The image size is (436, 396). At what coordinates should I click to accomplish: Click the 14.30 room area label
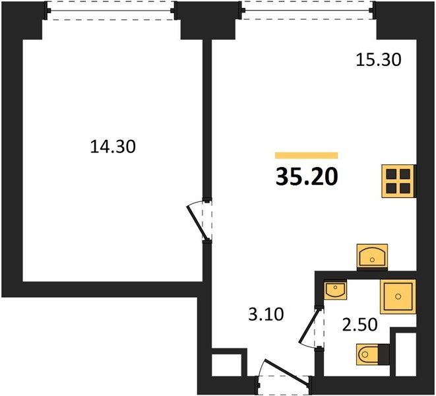tap(113, 147)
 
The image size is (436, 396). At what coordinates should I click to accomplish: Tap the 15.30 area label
tap(379, 60)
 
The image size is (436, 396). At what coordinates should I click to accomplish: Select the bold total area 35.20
tap(307, 177)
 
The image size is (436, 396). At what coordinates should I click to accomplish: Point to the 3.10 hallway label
tap(266, 314)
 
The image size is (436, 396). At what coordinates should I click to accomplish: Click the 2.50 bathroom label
tap(359, 325)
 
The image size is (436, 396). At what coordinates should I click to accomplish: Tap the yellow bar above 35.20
tap(307, 155)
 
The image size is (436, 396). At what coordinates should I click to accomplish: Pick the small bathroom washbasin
tap(335, 290)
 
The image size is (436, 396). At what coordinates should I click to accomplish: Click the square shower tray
tap(398, 296)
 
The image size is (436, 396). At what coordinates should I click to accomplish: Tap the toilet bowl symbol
tap(367, 354)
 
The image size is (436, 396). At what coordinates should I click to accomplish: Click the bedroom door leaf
tap(197, 222)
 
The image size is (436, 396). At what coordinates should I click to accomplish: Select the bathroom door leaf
tap(309, 326)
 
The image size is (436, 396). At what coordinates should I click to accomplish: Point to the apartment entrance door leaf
tap(287, 372)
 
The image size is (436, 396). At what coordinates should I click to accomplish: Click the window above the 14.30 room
tap(111, 11)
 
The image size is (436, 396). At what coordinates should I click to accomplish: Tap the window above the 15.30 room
tap(308, 11)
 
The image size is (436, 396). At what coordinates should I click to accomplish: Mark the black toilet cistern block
tap(384, 354)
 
